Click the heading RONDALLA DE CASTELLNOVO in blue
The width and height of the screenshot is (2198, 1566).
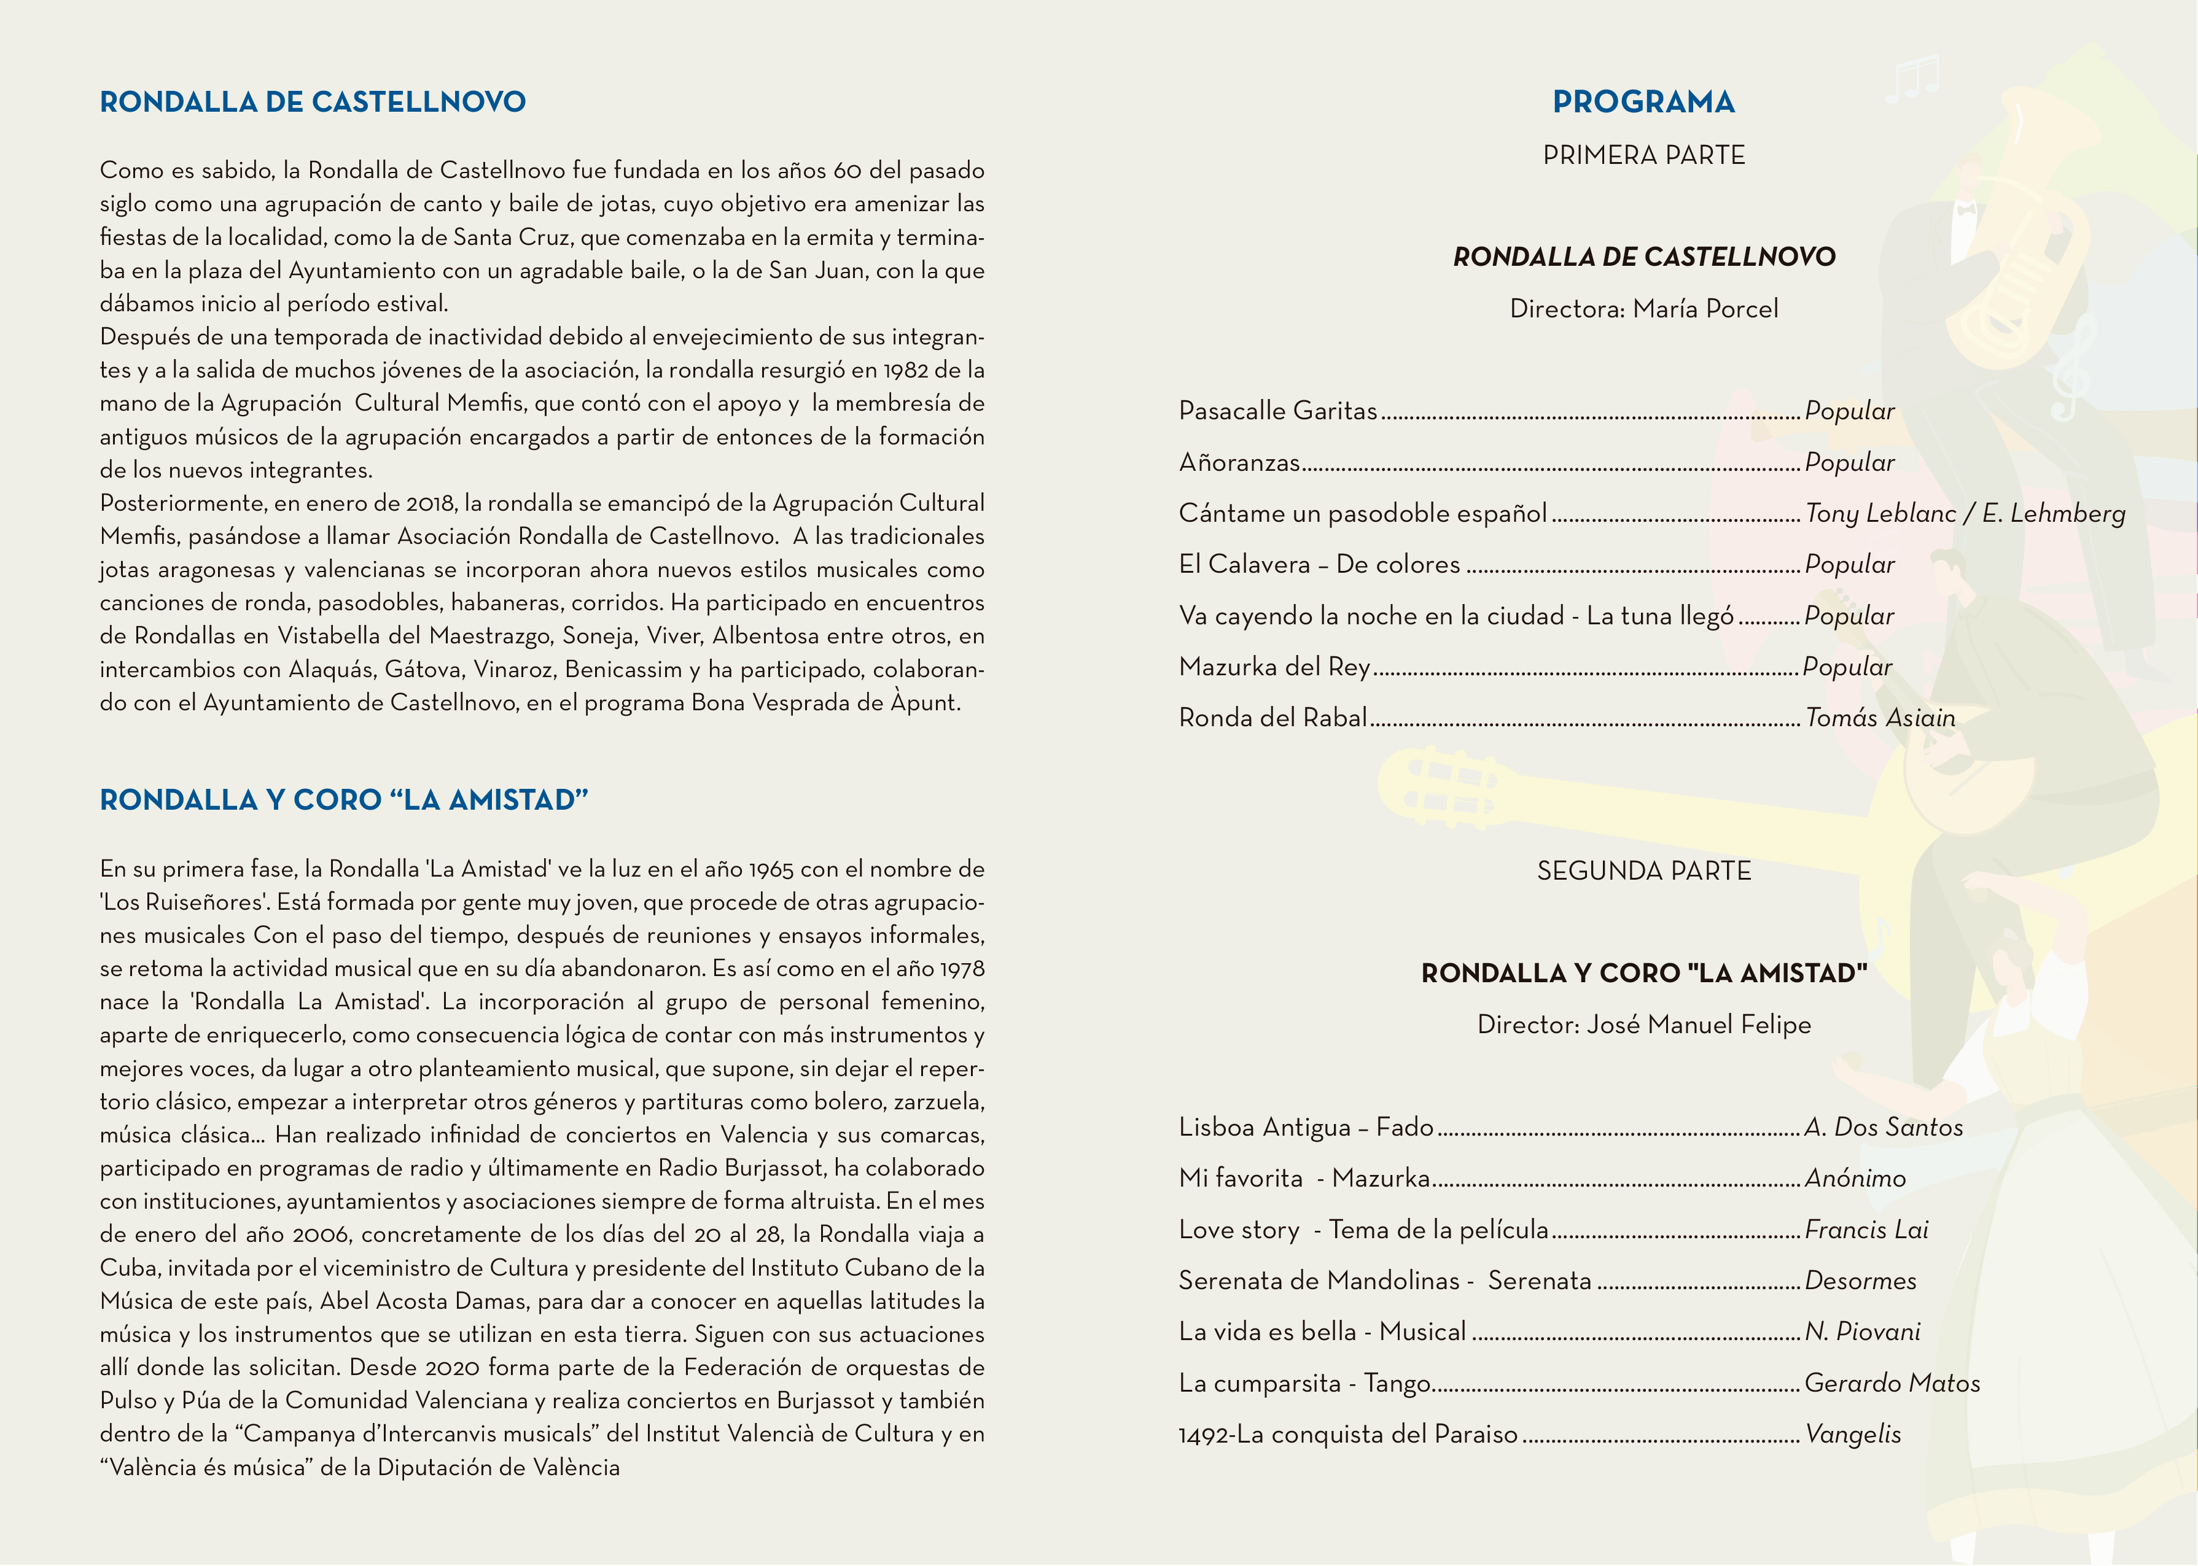pyautogui.click(x=313, y=103)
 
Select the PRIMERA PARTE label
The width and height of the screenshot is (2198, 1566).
pyautogui.click(x=1643, y=155)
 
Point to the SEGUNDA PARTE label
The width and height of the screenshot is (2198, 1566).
pyautogui.click(x=1643, y=870)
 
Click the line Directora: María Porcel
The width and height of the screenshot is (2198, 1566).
pyautogui.click(x=1643, y=309)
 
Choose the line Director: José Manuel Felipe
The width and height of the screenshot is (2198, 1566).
pyautogui.click(x=1643, y=1024)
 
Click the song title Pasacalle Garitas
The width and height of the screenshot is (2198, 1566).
pyautogui.click(x=1277, y=411)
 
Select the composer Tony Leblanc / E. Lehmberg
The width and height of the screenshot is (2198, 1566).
pyautogui.click(x=1965, y=513)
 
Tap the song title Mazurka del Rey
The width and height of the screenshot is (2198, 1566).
pyautogui.click(x=1273, y=666)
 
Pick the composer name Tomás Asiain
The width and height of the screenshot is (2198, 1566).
pyautogui.click(x=1880, y=718)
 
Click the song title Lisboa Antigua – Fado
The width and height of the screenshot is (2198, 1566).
pyautogui.click(x=1306, y=1126)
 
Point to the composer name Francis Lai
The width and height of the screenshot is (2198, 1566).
pyautogui.click(x=1866, y=1230)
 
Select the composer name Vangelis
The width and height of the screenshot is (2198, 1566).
pyautogui.click(x=1853, y=1434)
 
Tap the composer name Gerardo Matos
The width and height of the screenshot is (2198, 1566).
pyautogui.click(x=1892, y=1383)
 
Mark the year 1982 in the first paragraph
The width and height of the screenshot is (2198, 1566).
pyautogui.click(x=906, y=370)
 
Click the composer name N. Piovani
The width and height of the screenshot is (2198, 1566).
pyautogui.click(x=1862, y=1331)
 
